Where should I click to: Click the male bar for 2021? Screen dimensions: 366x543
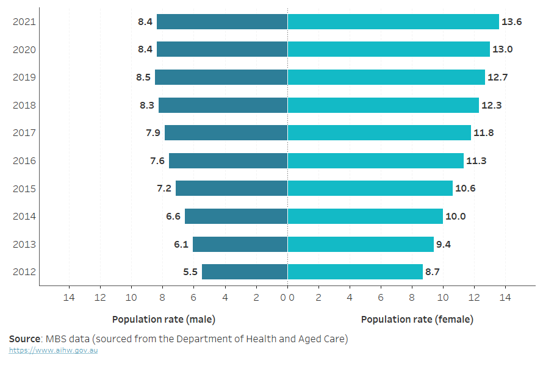[x=222, y=21]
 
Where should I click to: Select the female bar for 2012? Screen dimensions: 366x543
[x=355, y=272]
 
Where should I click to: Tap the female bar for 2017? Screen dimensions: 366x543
[x=379, y=133]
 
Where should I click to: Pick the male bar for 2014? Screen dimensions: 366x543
[x=236, y=217]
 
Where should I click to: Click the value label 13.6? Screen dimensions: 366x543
[x=511, y=21]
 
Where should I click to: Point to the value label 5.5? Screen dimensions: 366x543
[x=190, y=272]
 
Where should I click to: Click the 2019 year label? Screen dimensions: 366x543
[x=24, y=77]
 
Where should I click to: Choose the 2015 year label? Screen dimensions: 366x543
[x=24, y=188]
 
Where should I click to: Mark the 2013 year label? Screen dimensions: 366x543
[x=24, y=245]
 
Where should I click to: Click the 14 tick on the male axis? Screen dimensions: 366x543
[x=69, y=298]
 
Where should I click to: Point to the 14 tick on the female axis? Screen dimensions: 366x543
[x=505, y=298]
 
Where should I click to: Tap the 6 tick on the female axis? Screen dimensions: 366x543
[x=381, y=298]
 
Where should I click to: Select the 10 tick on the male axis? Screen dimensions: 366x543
[x=131, y=298]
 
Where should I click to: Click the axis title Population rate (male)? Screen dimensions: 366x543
[x=164, y=319]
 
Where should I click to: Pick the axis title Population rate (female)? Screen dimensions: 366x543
[x=417, y=319]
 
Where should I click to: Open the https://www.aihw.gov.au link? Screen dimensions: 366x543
[x=53, y=350]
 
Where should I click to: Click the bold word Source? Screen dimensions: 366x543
[x=24, y=338]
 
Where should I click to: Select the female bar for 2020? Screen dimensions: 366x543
[x=389, y=49]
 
